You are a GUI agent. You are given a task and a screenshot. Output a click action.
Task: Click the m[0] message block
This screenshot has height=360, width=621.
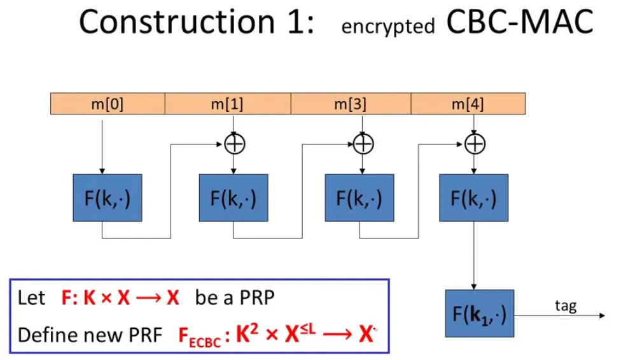click(107, 104)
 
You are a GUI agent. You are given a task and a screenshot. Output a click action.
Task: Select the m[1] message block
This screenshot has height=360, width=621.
click(227, 104)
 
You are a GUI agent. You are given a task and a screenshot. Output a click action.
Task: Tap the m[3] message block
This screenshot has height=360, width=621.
click(351, 104)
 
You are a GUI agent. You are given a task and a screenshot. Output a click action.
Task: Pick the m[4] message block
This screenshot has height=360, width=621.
click(468, 104)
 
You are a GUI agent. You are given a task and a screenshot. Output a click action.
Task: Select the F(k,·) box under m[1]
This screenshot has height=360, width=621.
click(234, 197)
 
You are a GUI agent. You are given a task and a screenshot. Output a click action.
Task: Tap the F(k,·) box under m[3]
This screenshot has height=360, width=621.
click(359, 197)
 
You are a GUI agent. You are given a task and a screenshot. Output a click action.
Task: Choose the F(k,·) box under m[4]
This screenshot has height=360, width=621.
click(473, 197)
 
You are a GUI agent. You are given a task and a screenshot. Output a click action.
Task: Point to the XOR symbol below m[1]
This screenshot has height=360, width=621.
click(235, 144)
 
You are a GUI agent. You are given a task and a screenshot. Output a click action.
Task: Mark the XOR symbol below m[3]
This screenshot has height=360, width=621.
click(363, 144)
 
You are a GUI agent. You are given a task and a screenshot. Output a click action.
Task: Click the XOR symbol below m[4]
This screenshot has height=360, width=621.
click(473, 144)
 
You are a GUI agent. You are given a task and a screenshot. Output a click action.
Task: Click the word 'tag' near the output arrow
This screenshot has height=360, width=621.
click(565, 306)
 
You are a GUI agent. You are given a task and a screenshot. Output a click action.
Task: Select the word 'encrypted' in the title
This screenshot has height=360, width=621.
click(388, 27)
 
